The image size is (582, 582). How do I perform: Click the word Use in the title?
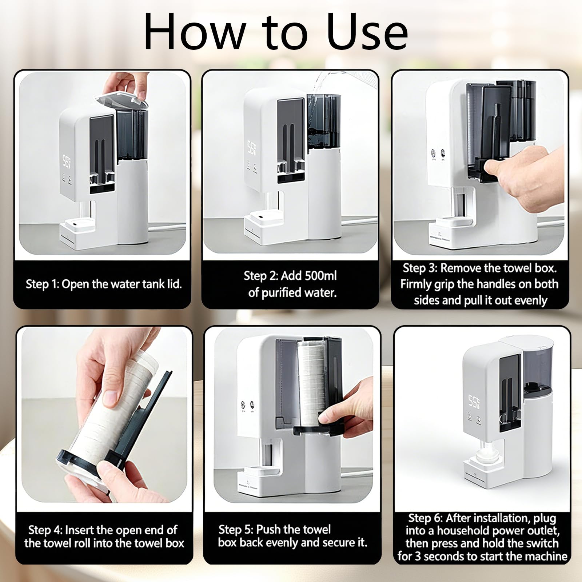(x=367, y=32)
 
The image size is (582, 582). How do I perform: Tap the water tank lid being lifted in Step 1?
(x=121, y=100)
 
